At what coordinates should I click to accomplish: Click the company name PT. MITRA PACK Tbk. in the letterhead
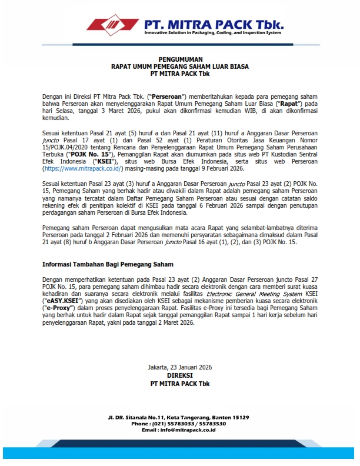tap(214, 24)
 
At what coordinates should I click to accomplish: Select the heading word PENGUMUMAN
tap(179, 59)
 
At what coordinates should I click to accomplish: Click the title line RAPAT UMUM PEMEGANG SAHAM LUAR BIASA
tap(179, 66)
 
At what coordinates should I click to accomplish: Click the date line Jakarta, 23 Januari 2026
tap(179, 367)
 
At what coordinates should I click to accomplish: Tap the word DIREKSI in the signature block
tap(179, 375)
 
